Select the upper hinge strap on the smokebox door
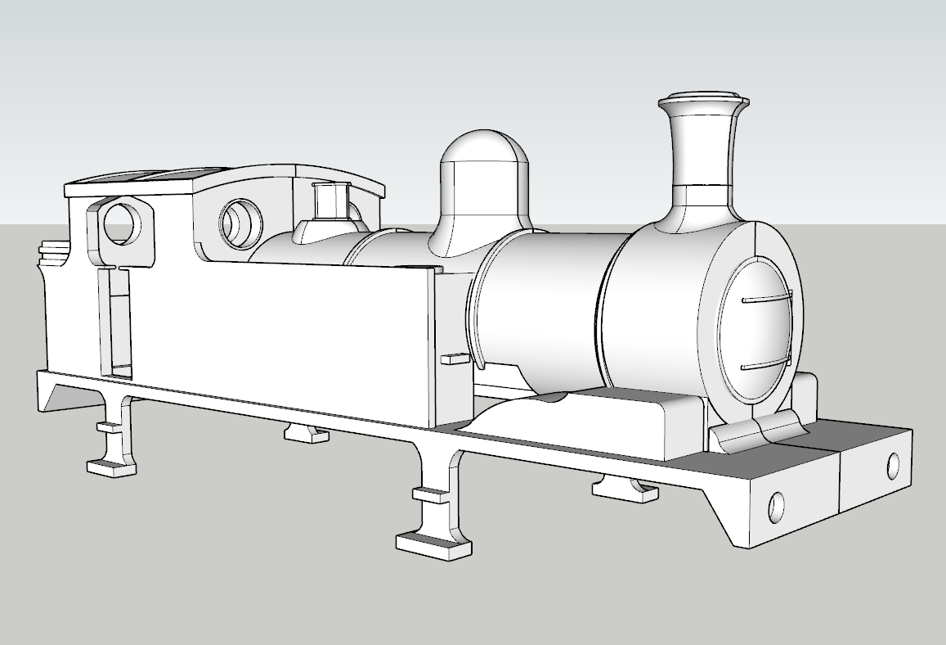point(767,298)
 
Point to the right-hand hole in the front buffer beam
point(893,465)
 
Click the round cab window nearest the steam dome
point(241,221)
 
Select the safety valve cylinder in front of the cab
point(331,201)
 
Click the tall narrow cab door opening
point(114,323)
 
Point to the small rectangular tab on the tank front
point(454,359)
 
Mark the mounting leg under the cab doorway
point(113,434)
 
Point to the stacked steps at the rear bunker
point(52,250)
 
